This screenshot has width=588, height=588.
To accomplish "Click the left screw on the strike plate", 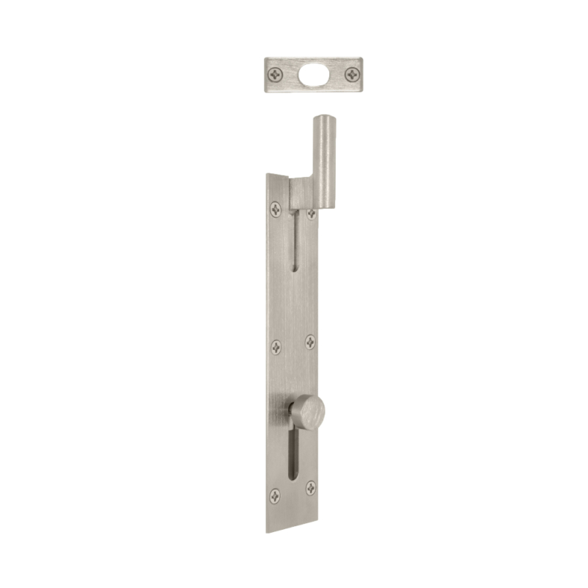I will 276,74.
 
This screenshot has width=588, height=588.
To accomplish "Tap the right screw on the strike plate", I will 352,74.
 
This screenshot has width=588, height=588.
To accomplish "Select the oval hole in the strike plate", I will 314,74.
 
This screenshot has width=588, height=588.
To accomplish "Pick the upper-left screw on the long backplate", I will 276,209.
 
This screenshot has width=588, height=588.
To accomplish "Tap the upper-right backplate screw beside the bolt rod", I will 312,214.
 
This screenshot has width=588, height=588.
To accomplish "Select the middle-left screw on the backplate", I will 276,346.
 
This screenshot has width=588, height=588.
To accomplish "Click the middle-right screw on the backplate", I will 310,342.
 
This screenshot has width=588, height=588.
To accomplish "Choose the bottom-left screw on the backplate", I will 275,495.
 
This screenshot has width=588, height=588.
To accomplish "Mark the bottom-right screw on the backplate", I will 311,487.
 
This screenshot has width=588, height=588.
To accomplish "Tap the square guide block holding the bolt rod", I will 301,193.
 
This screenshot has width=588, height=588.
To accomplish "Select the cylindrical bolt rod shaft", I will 324,162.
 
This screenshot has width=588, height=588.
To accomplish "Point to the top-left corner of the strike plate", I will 265,59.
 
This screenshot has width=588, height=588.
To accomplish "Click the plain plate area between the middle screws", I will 293,344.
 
